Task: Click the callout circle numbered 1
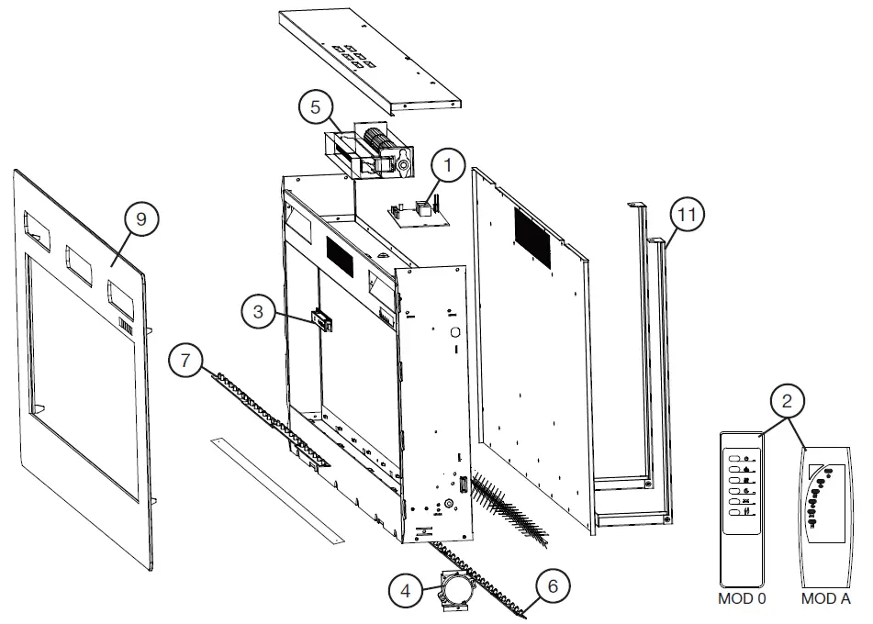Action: click(447, 167)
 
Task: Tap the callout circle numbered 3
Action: click(259, 312)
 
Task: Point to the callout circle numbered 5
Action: click(315, 107)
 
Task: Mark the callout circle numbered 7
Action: click(185, 361)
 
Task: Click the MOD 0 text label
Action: click(743, 599)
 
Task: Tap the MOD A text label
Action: click(825, 599)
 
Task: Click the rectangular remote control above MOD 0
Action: click(742, 509)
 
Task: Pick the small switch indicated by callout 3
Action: click(321, 319)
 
